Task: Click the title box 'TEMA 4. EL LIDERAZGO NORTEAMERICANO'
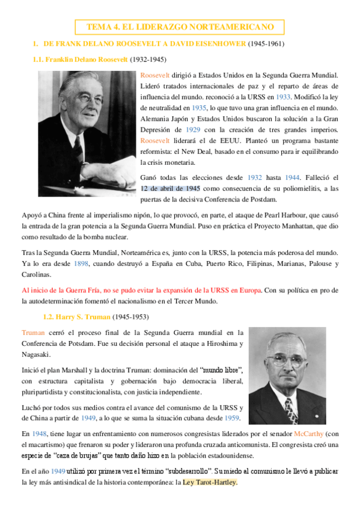coord(180,27)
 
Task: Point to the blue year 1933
coord(282,97)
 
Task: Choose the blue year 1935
coord(198,108)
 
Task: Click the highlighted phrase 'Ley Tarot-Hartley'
coord(210,482)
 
